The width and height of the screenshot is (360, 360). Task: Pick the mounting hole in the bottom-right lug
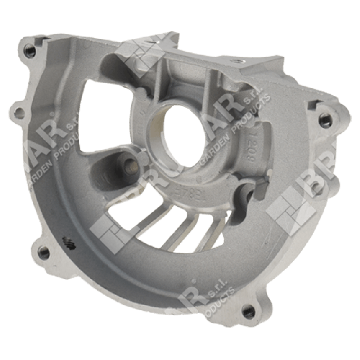246,310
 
